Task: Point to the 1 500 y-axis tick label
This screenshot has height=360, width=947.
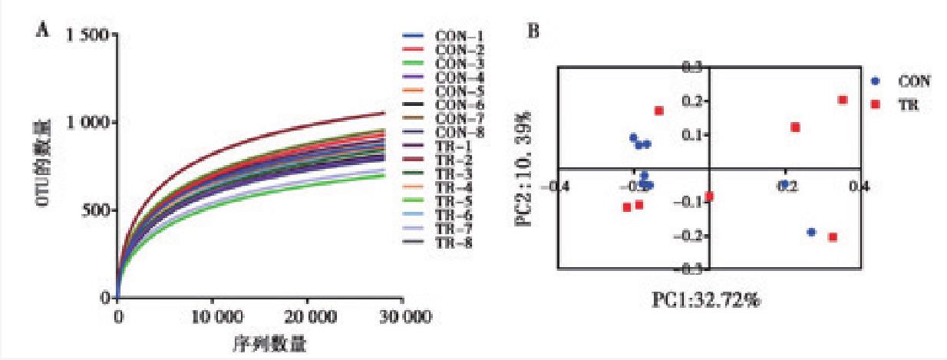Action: tap(90, 35)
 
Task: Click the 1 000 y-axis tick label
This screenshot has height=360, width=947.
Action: tap(90, 123)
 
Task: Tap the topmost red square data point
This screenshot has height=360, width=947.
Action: tap(843, 100)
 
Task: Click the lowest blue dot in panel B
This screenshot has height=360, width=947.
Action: tap(811, 232)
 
